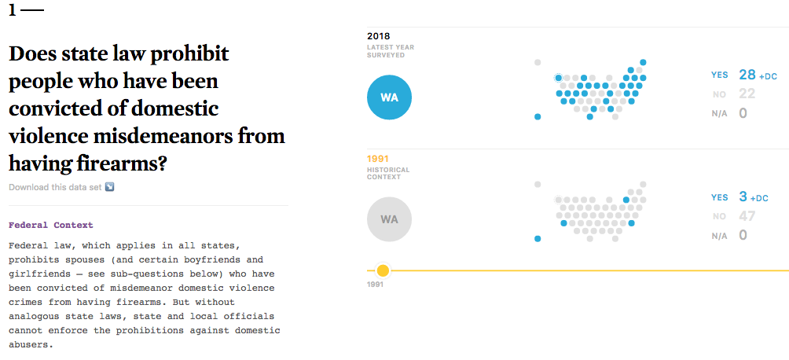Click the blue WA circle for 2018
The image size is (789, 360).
(389, 97)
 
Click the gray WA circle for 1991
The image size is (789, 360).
(389, 219)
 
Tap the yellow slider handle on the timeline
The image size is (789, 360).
(383, 270)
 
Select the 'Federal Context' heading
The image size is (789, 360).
(50, 225)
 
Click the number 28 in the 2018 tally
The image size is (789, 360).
(747, 75)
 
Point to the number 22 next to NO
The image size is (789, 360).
(747, 94)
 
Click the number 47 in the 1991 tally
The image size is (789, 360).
(747, 216)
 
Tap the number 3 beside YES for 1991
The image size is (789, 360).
(743, 197)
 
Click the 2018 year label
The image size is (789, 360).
(378, 36)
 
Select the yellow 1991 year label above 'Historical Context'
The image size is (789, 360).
(378, 159)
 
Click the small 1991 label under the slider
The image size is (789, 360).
(375, 284)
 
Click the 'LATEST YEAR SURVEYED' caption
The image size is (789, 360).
(390, 51)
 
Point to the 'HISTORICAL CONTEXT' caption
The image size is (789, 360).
(388, 174)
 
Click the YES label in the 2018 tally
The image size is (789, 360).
(719, 75)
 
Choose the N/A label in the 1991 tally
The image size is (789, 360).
(719, 236)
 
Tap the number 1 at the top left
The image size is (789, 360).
(13, 10)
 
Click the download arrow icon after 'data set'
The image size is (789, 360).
(110, 187)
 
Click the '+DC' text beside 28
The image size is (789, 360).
(768, 76)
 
